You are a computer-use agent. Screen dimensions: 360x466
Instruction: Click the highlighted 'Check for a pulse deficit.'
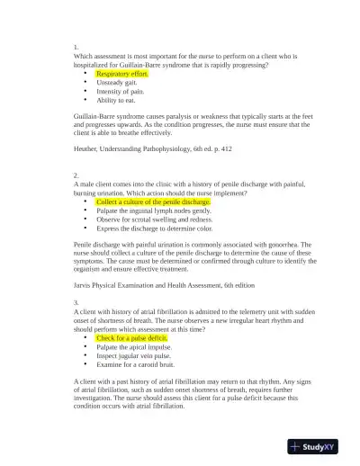point(131,338)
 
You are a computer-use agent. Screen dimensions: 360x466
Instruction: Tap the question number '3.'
point(76,302)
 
